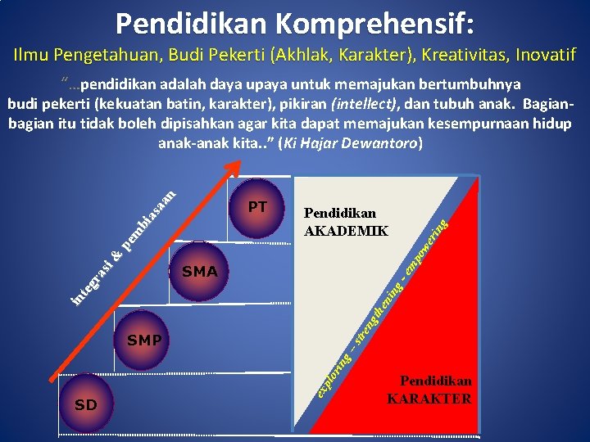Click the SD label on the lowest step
(85, 405)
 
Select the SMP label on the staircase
(144, 340)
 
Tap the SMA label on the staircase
(200, 272)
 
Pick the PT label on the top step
(257, 206)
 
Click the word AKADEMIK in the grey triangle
(346, 231)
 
